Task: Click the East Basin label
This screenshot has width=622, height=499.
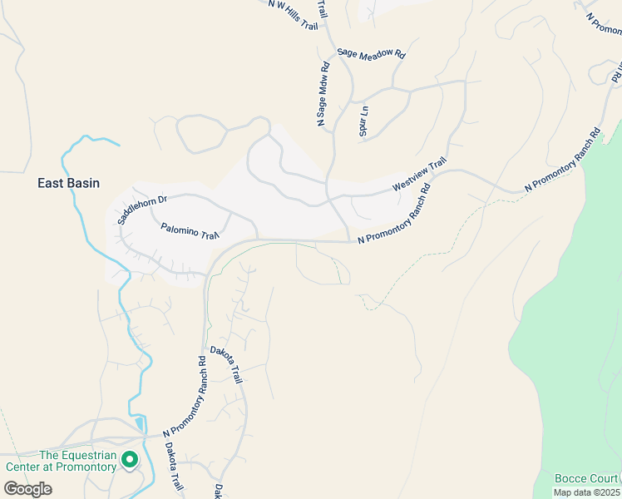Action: tap(69, 182)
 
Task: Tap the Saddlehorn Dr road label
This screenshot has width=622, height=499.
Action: tap(142, 210)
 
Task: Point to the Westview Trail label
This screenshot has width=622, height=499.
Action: tap(419, 175)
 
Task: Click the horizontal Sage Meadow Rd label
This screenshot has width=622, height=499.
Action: tap(371, 53)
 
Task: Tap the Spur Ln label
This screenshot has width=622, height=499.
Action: tap(363, 121)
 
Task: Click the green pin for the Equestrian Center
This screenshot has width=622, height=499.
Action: tap(129, 459)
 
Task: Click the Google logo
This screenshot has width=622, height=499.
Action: tap(27, 488)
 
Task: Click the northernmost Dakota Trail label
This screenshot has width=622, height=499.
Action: tap(225, 364)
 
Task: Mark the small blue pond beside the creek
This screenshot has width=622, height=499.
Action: tap(138, 423)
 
